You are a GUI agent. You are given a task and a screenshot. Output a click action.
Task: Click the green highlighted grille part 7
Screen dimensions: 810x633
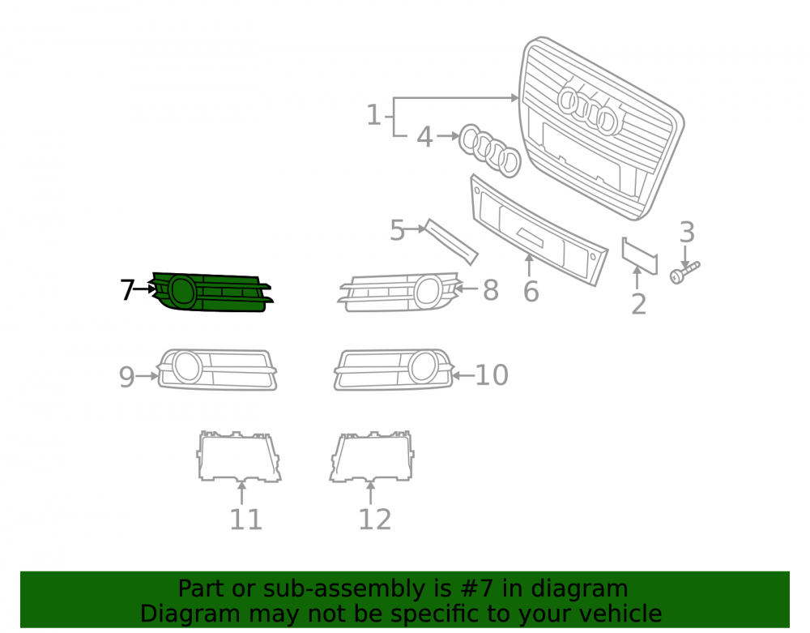[x=211, y=293]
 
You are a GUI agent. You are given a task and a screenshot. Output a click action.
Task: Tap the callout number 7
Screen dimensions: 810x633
[x=127, y=289]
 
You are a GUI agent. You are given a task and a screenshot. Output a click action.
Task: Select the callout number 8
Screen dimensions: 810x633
[x=491, y=290]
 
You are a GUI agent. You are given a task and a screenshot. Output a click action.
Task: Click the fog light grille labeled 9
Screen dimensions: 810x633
[x=217, y=370]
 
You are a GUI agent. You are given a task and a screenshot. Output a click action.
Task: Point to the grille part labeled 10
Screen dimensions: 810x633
[x=394, y=370]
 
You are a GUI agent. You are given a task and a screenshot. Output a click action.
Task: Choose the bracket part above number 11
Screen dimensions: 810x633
[x=239, y=457]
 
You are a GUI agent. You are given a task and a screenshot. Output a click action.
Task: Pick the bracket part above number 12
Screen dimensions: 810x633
[x=372, y=457]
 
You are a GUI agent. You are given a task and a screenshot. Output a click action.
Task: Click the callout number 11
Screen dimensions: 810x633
[x=246, y=520]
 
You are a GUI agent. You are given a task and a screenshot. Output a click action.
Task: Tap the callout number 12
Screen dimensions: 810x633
[x=375, y=520]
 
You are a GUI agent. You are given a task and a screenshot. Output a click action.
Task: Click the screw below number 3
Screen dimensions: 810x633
[x=684, y=272]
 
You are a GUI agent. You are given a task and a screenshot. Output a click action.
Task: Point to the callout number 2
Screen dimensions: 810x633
[x=639, y=305]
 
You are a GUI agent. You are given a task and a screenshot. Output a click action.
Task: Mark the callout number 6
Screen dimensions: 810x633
[x=531, y=292]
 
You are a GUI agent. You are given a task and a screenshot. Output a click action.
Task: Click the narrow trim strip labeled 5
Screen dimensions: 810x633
[x=451, y=242]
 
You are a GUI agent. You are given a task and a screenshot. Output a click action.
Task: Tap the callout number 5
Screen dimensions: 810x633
[x=397, y=230]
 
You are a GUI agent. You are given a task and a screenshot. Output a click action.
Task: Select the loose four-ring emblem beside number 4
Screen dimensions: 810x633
[x=489, y=151]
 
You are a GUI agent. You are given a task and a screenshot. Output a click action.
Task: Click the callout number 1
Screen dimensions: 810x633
[x=373, y=115]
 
